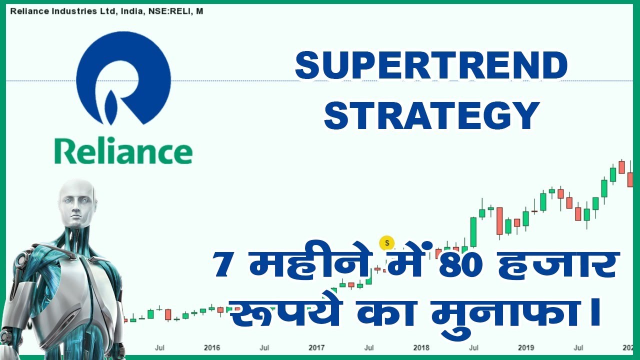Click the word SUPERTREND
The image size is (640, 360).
pos(431,66)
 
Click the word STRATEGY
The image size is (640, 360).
pos(432,115)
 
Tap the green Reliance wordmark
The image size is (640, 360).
pos(123,150)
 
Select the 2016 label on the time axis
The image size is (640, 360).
pos(212,347)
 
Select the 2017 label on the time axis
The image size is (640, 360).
pos(316,347)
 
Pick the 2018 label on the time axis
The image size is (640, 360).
pos(421,347)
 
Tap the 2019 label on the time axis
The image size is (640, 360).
pos(525,347)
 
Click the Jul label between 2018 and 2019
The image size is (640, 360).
pos(473,347)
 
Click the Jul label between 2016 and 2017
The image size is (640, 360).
pos(264,347)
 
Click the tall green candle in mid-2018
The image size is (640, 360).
pos(473,231)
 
